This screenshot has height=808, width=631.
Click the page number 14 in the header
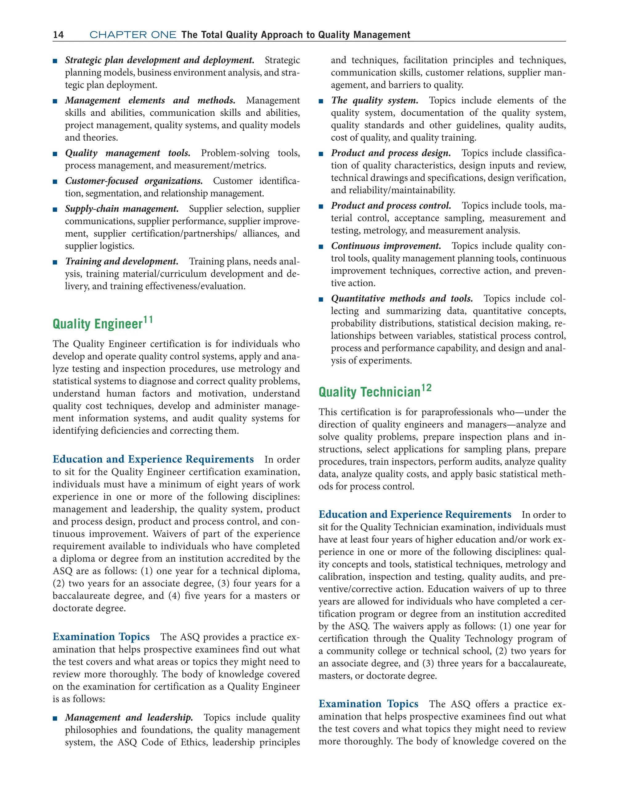(x=59, y=35)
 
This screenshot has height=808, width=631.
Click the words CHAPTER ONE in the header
(x=133, y=35)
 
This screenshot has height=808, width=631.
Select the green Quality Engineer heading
(x=98, y=324)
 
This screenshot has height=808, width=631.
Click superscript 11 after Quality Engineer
(x=148, y=319)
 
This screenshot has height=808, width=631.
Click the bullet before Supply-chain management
(x=55, y=210)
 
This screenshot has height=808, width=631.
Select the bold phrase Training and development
(x=122, y=262)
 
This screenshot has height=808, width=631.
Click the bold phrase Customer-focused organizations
(x=134, y=181)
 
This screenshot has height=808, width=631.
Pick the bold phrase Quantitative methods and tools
(x=402, y=299)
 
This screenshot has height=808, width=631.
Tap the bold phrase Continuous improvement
(x=386, y=246)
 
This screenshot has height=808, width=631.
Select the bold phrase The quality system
(x=374, y=101)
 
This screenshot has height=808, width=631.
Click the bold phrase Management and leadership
(x=129, y=718)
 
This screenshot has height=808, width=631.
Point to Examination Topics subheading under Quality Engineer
(x=101, y=637)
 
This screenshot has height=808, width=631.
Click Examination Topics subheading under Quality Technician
(x=368, y=704)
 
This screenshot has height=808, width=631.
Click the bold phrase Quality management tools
(x=128, y=153)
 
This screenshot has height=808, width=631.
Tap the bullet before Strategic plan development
(x=55, y=61)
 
